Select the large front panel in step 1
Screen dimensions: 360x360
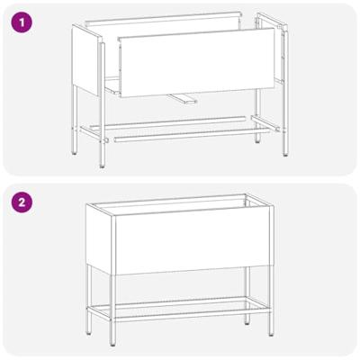196,62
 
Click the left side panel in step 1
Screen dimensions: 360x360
85,59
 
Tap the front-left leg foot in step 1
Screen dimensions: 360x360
102,163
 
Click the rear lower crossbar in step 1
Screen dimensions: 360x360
171,120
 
